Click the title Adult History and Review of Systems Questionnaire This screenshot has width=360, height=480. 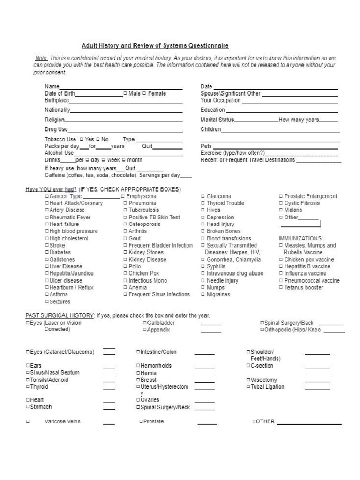tap(155, 45)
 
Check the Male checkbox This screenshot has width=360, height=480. tap(125, 94)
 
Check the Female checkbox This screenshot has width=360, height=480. tap(144, 94)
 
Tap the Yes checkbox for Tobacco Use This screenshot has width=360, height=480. tap(82, 139)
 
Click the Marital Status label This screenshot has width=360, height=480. tap(217, 120)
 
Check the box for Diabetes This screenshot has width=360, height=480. tap(47, 252)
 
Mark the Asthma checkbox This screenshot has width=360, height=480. tap(47, 294)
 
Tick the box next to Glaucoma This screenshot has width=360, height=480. tap(203, 196)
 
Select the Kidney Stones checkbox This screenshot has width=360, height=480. tap(125, 252)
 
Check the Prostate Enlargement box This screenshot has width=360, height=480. tap(281, 196)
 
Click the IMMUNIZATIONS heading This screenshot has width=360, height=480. tap(300, 238)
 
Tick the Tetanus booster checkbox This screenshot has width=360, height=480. tap(281, 287)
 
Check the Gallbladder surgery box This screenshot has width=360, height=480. tap(144, 323)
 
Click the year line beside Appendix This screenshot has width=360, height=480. tap(211, 331)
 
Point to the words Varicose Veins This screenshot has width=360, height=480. tap(62, 421)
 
